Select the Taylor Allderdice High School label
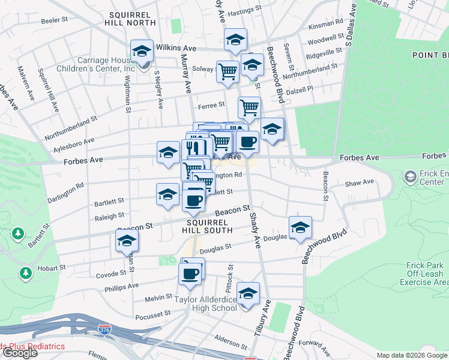[206, 304]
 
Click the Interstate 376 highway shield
[104, 329]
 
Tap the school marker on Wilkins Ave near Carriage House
[142, 51]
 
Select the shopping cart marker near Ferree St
[249, 108]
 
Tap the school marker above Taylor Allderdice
[248, 293]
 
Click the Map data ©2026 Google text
[412, 355]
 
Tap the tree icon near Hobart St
[25, 273]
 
